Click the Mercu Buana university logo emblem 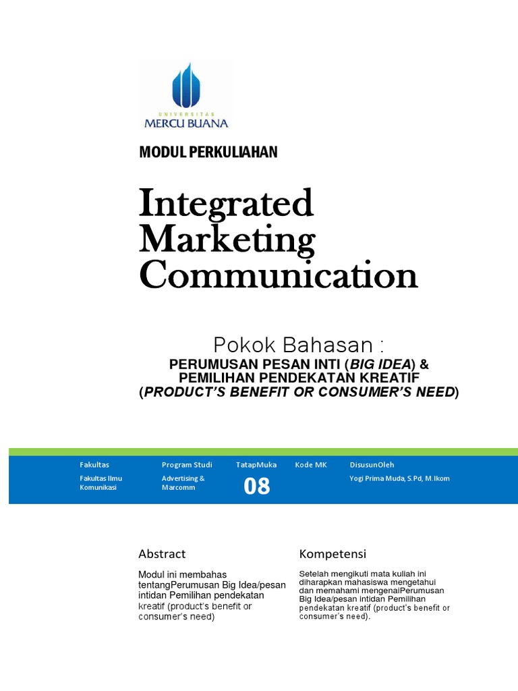186,86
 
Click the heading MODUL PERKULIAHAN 208,153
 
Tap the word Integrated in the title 226,203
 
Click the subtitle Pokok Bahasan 298,345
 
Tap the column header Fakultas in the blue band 94,465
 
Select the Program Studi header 187,465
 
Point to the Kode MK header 310,465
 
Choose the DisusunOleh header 372,465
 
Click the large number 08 256,486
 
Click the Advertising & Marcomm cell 183,482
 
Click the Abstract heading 162,554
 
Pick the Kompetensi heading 333,554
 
